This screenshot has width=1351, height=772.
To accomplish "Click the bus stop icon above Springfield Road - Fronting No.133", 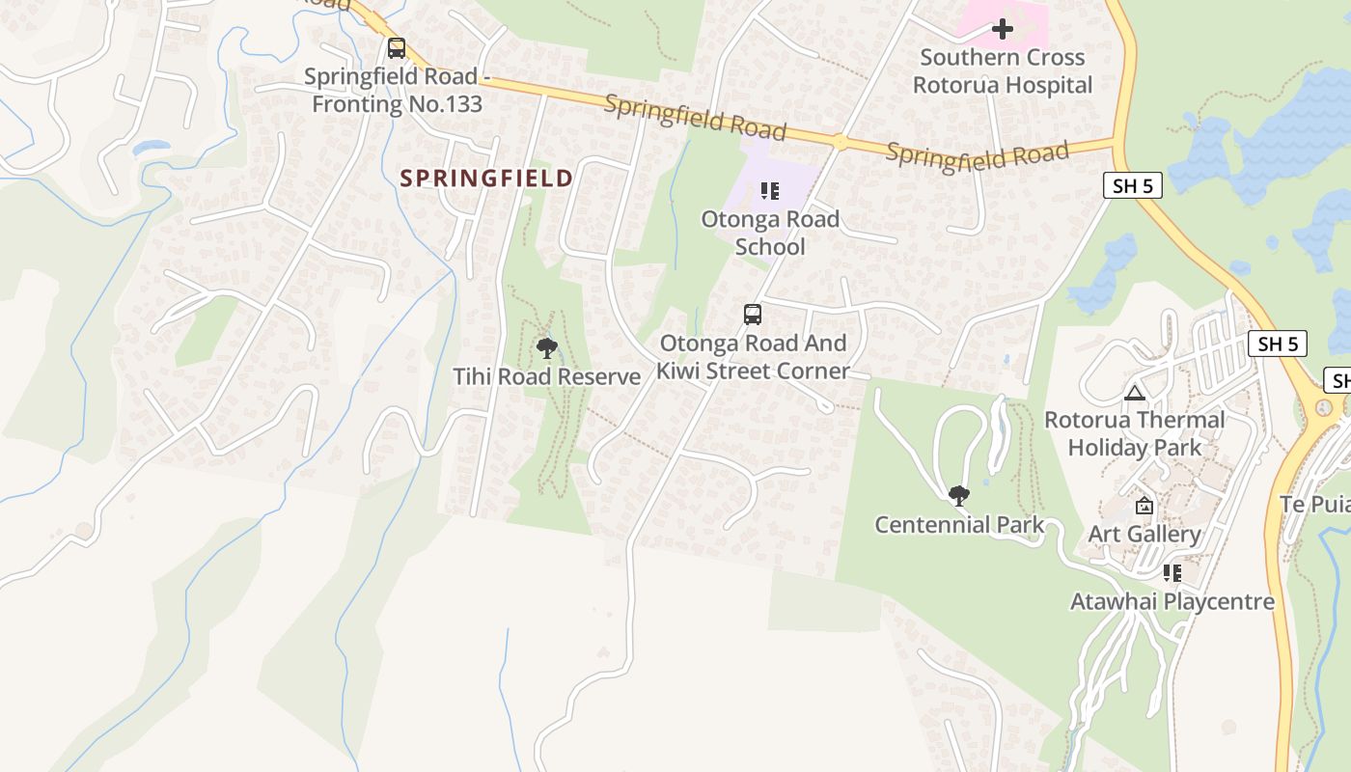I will (x=397, y=47).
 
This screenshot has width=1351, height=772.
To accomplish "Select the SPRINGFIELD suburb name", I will (x=486, y=178).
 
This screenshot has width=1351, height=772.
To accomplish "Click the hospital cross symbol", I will (x=1003, y=29).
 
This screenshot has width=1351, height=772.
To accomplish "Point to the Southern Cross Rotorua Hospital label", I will (x=1003, y=71).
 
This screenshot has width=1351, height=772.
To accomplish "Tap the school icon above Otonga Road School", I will (x=769, y=191).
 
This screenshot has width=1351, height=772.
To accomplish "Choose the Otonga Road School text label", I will (x=770, y=233).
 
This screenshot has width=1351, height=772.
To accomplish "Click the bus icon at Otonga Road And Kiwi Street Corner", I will (x=752, y=315).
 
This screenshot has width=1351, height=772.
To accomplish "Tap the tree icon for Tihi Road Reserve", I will (x=547, y=348).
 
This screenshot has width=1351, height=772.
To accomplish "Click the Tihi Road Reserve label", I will (x=547, y=376).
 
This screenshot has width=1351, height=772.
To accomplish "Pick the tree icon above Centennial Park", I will (x=958, y=496).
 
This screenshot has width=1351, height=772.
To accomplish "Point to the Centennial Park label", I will (x=959, y=525).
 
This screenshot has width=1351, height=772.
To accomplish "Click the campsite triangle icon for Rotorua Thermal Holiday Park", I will (x=1134, y=393).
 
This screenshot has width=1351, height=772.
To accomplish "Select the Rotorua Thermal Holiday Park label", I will (x=1135, y=433).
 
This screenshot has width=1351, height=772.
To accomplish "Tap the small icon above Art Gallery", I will (x=1144, y=506).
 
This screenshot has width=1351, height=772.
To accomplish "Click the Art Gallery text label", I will (x=1144, y=534).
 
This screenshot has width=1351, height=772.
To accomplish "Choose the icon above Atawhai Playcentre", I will (x=1172, y=573).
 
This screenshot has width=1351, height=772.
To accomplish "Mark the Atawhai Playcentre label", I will (x=1172, y=602).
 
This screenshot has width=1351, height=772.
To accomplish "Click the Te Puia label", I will (x=1315, y=504).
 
